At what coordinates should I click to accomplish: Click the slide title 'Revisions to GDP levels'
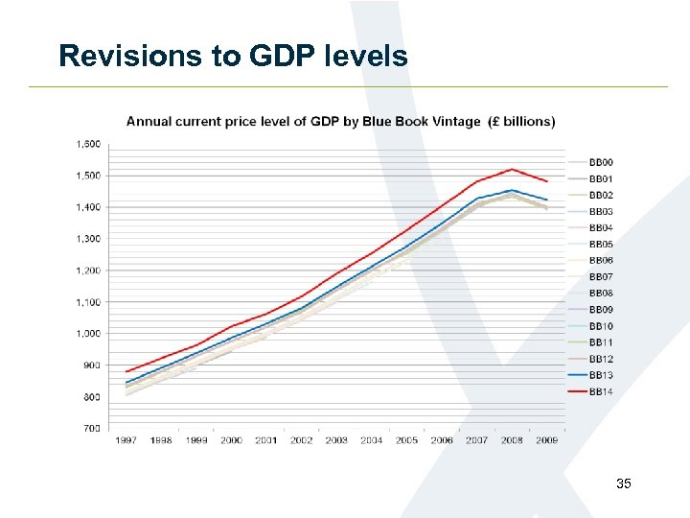[233, 56]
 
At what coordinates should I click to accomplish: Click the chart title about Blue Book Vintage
[340, 121]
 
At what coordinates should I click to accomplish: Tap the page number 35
[624, 484]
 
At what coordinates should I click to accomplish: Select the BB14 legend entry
[601, 392]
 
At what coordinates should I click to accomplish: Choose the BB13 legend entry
[601, 375]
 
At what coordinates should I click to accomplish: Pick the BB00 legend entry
[601, 162]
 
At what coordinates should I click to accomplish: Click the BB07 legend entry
[601, 277]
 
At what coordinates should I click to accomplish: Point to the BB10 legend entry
[601, 326]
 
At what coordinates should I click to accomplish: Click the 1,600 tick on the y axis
[88, 144]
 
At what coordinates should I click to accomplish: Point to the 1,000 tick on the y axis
[88, 334]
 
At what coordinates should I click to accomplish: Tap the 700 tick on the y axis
[91, 429]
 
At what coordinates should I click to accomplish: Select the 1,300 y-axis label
[88, 239]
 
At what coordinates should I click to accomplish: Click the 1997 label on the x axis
[126, 440]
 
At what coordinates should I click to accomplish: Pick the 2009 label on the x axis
[546, 440]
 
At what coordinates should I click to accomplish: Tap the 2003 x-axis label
[336, 440]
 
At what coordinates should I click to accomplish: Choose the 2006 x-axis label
[442, 440]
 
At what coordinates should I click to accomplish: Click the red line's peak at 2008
[512, 169]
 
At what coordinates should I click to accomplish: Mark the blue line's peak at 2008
[512, 190]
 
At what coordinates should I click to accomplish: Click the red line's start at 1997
[126, 371]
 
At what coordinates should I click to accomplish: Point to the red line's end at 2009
[546, 181]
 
